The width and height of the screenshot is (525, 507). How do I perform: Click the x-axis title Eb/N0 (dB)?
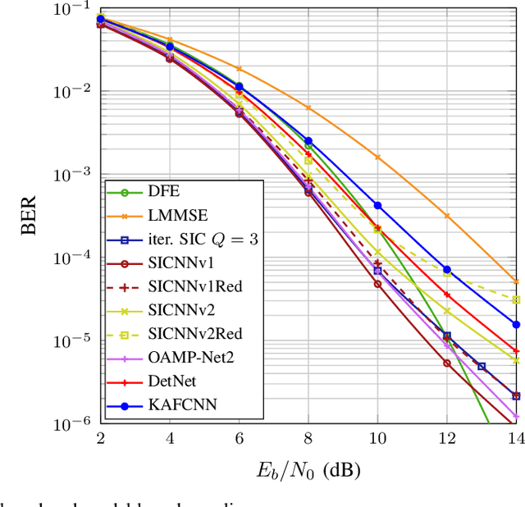tap(308, 468)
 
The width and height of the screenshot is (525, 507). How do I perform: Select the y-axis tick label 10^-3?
tap(72, 176)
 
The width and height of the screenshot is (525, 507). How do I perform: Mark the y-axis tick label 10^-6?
tap(72, 424)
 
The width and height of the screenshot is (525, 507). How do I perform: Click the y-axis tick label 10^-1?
tap(72, 10)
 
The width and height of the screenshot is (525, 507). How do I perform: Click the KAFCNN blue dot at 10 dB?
tap(377, 205)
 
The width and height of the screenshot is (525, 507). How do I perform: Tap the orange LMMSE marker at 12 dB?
tap(447, 216)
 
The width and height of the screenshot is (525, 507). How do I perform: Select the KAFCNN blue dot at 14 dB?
tap(516, 324)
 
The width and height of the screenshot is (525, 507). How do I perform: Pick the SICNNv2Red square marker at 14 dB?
tap(516, 299)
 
